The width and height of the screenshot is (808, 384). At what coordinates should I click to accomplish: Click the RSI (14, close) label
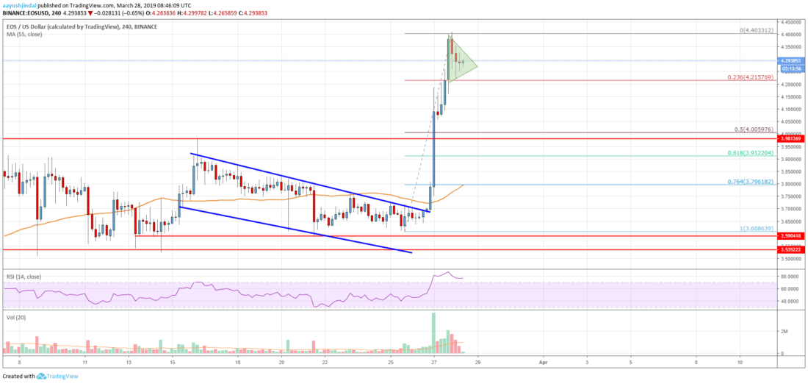coord(24,277)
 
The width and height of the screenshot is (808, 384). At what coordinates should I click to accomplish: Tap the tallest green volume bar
coord(433,333)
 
